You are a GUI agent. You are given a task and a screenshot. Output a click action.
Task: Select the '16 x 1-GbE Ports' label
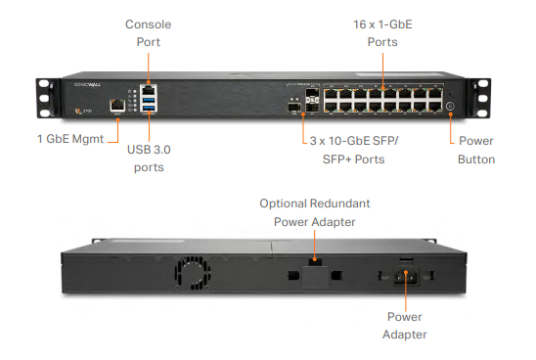(382, 33)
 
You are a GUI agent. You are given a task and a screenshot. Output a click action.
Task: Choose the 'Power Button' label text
(476, 149)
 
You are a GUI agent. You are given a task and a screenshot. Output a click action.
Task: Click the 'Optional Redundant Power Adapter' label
(313, 212)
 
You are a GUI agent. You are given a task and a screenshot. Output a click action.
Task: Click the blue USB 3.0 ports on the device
(149, 101)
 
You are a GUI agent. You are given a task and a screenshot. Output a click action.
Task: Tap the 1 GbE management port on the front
(116, 102)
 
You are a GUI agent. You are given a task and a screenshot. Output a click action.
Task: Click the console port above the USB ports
(149, 87)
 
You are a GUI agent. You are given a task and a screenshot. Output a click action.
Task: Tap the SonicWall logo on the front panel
(87, 86)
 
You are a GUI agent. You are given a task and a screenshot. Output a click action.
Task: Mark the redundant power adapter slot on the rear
(313, 264)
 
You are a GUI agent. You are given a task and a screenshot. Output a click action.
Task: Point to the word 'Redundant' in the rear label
(337, 203)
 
